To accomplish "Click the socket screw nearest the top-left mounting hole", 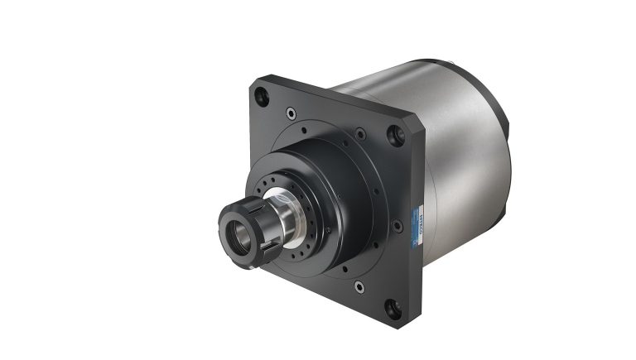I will tap(290, 112).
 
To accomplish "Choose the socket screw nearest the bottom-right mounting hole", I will tap(359, 286).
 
